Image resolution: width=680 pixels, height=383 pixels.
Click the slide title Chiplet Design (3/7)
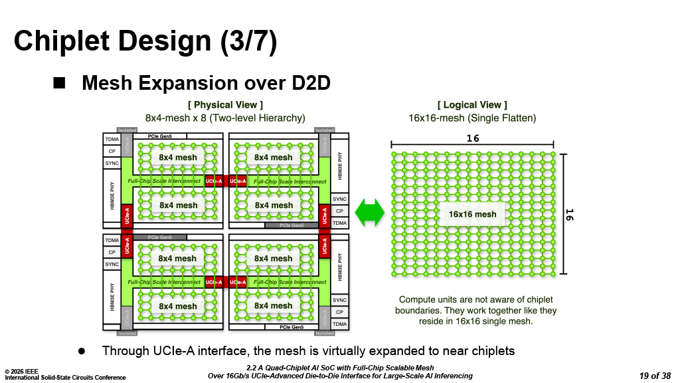coord(145,41)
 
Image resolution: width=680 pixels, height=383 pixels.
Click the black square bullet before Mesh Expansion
coord(60,83)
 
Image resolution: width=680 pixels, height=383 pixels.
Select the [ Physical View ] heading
coord(225,105)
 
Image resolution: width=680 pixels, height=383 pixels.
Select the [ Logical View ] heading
coord(472,105)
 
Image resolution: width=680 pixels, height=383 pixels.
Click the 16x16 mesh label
coord(472,214)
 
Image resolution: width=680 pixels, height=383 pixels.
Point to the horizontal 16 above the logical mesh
coord(472,138)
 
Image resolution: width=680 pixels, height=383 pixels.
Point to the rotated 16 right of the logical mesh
coord(569,214)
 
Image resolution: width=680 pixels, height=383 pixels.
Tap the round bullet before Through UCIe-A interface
coord(82,350)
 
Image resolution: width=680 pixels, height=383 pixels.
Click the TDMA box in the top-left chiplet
coord(112,140)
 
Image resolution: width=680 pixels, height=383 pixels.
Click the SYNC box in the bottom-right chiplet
coord(339,300)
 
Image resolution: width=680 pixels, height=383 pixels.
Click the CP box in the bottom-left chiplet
coord(112,252)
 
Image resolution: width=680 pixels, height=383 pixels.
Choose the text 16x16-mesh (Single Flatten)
coord(472,118)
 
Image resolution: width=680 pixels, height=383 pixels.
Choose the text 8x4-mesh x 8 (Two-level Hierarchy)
coord(225,118)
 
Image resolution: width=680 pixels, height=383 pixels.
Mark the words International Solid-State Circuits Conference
coord(65,378)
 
